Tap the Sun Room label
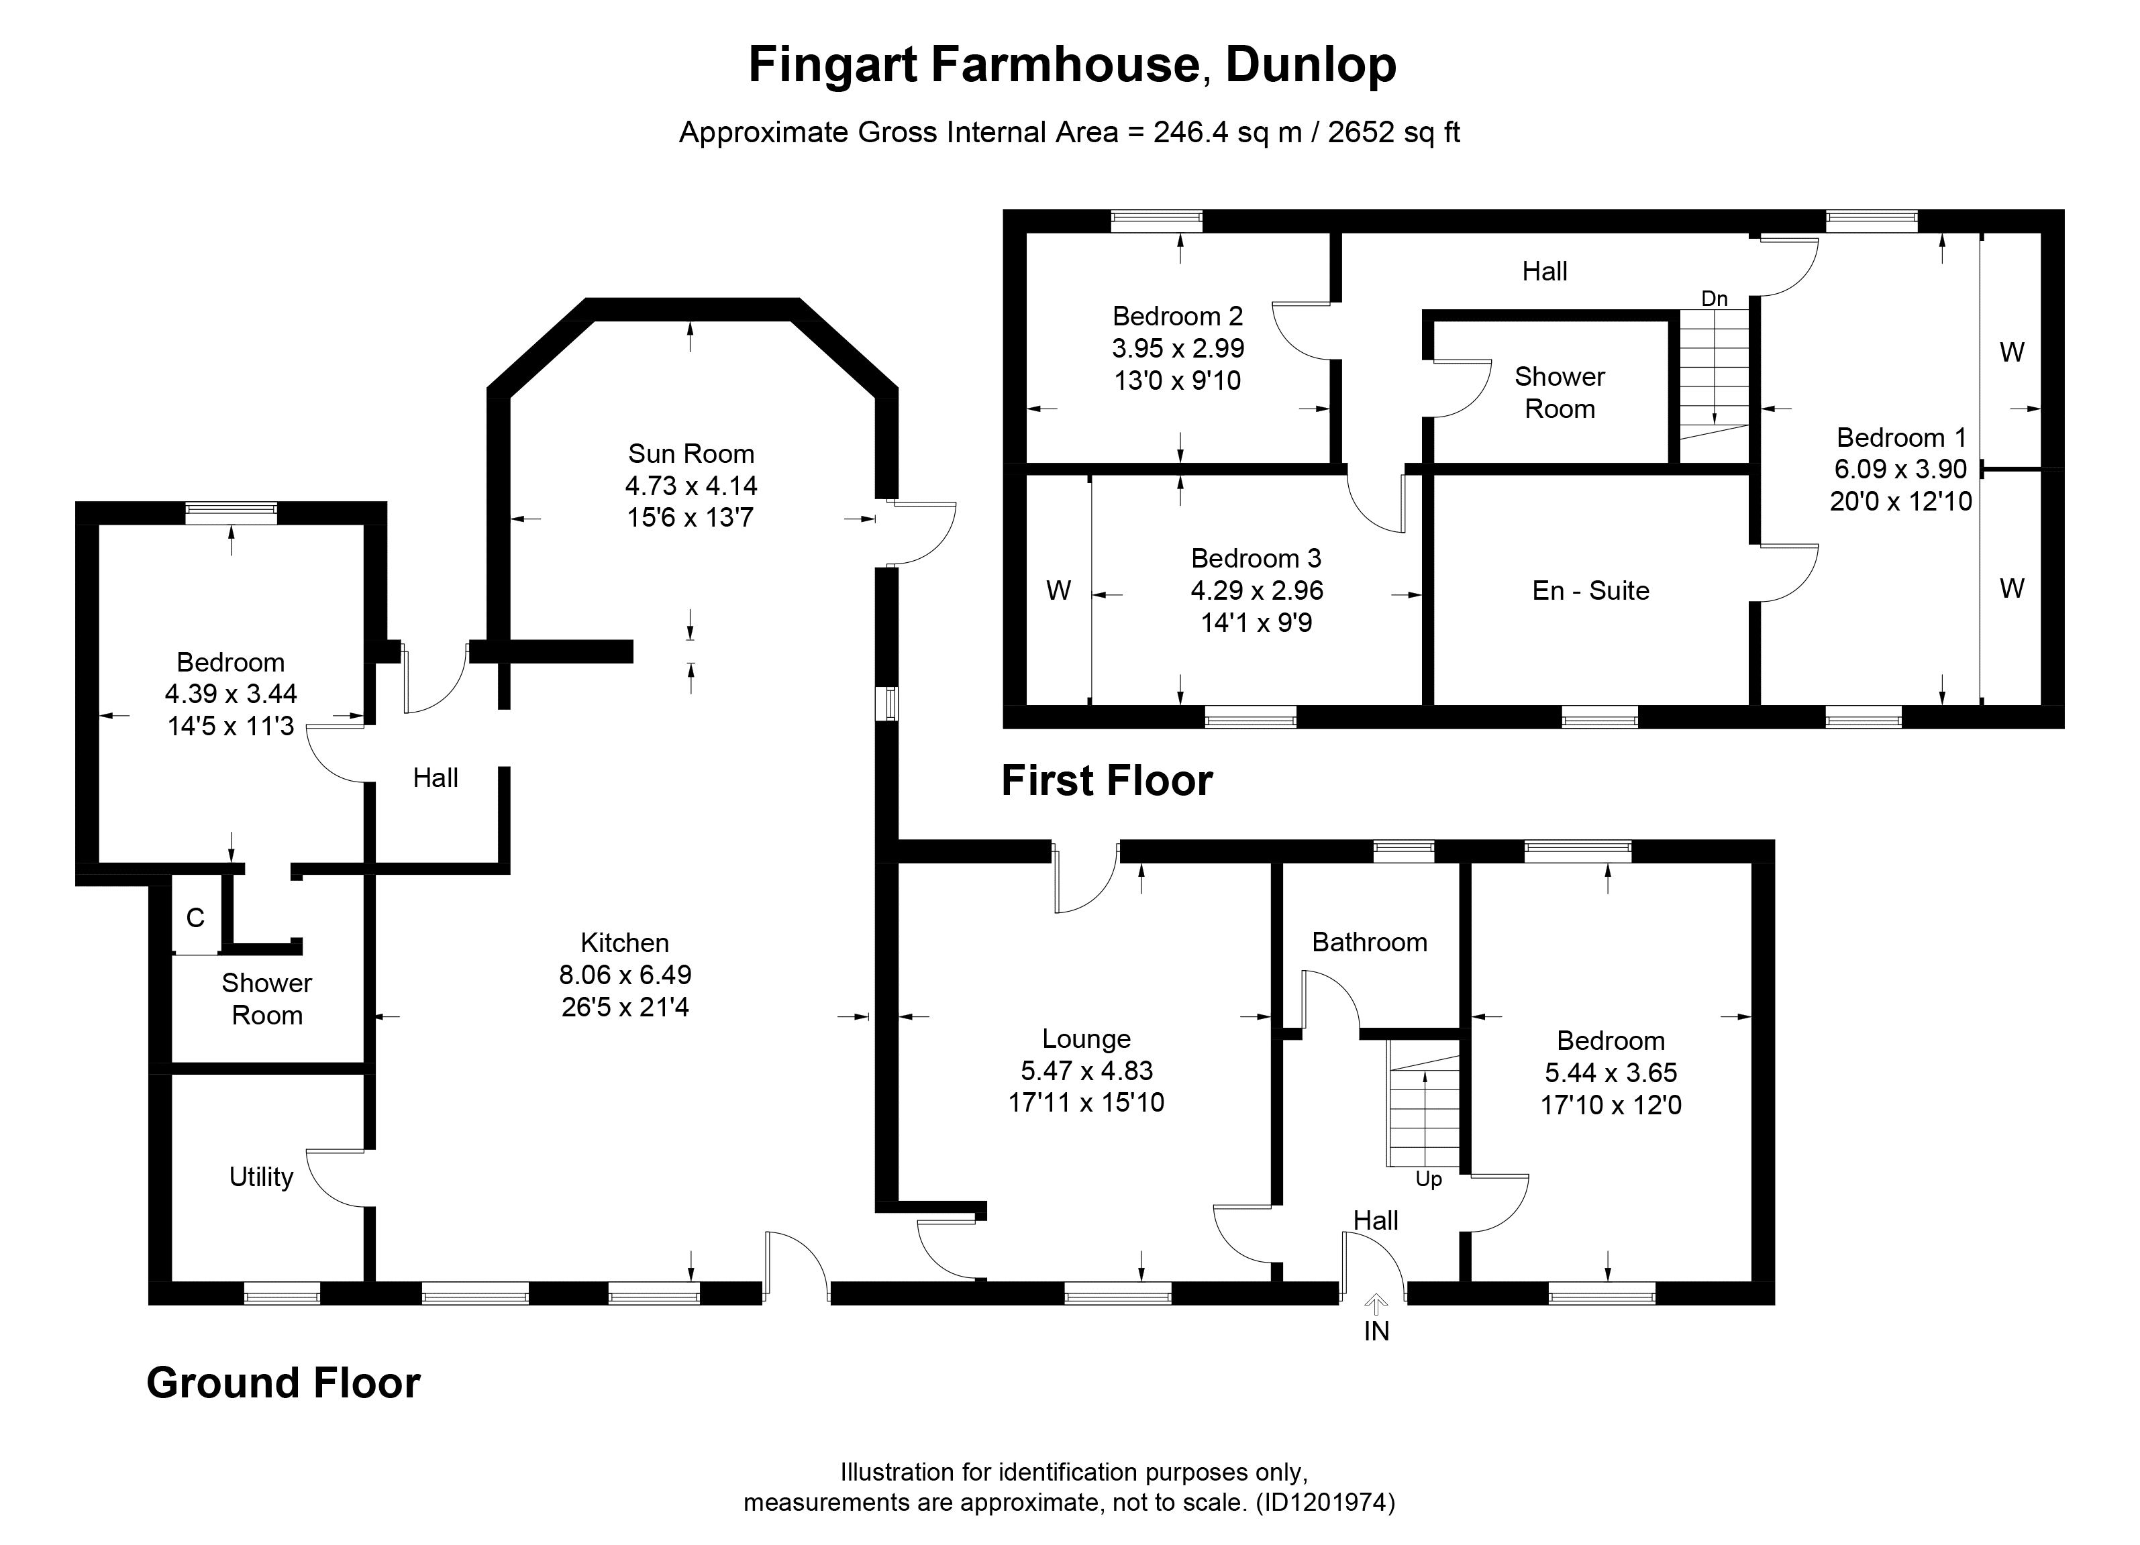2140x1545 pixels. pos(691,454)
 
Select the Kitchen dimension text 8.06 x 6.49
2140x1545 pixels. pos(625,974)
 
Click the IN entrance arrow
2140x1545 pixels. pos(1376,1304)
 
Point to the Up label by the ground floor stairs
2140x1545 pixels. pos(1429,1180)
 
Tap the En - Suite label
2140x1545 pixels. pos(1591,590)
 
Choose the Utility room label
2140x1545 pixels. pos(260,1177)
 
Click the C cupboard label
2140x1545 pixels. pos(195,918)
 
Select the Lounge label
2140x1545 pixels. pos(1086,1038)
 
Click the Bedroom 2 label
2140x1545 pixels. pos(1178,316)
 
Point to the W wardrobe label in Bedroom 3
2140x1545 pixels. pos(1059,590)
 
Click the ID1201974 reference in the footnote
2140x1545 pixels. pos(1326,1503)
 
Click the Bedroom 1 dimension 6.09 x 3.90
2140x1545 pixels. pos(1900,469)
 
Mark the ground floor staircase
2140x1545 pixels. pos(1423,1104)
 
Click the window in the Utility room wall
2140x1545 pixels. pos(282,1293)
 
